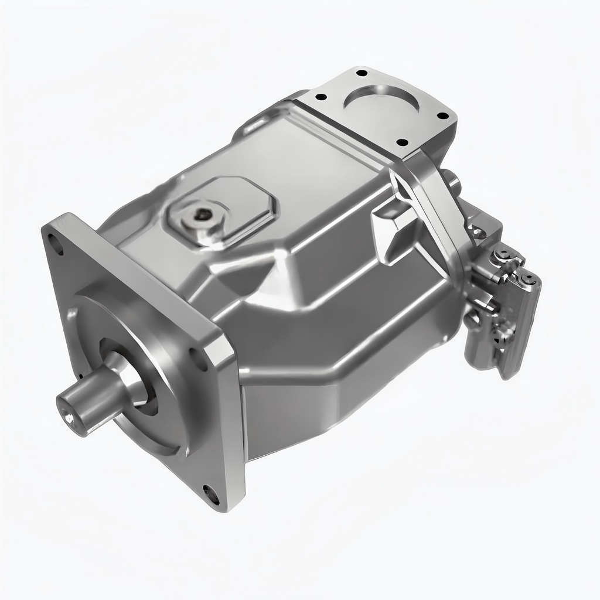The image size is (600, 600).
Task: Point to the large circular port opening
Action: tap(382, 100)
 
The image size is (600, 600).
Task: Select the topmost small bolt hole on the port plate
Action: tap(361, 74)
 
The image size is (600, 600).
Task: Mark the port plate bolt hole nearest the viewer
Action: tap(402, 142)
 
